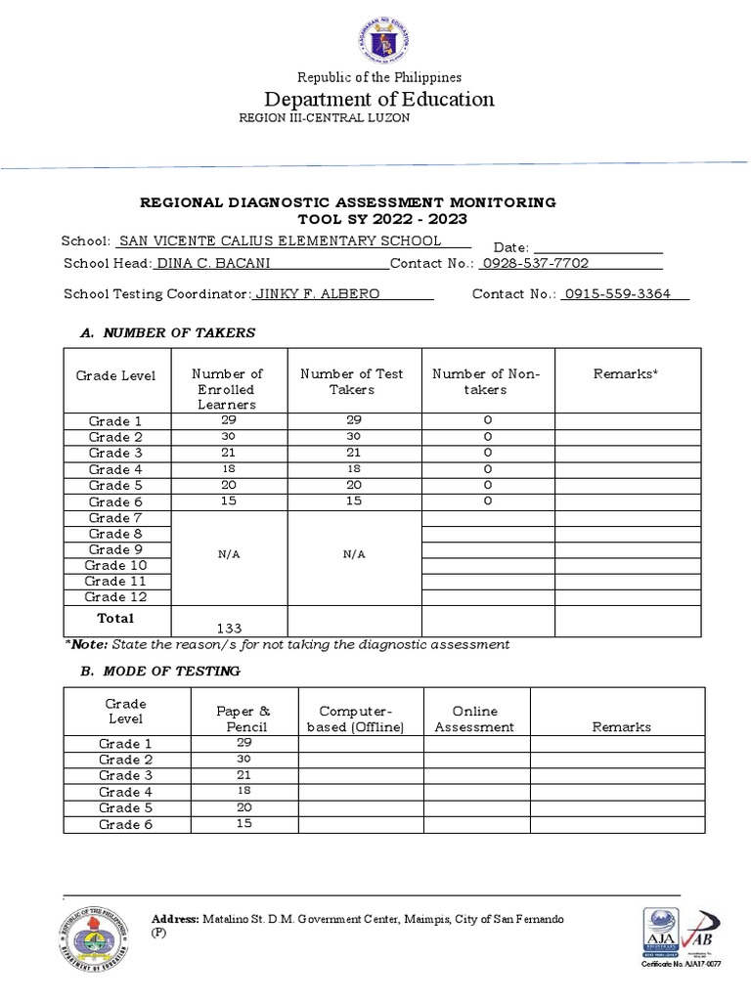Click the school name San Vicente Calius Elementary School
coord(280,241)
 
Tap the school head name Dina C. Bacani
coord(214,264)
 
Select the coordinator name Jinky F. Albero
coord(318,294)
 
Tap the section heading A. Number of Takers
coord(167,332)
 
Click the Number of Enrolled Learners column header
coord(227,388)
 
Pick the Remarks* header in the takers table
coord(626,373)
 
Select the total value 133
coord(228,628)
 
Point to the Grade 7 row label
coord(115,518)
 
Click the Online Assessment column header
coord(474,718)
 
